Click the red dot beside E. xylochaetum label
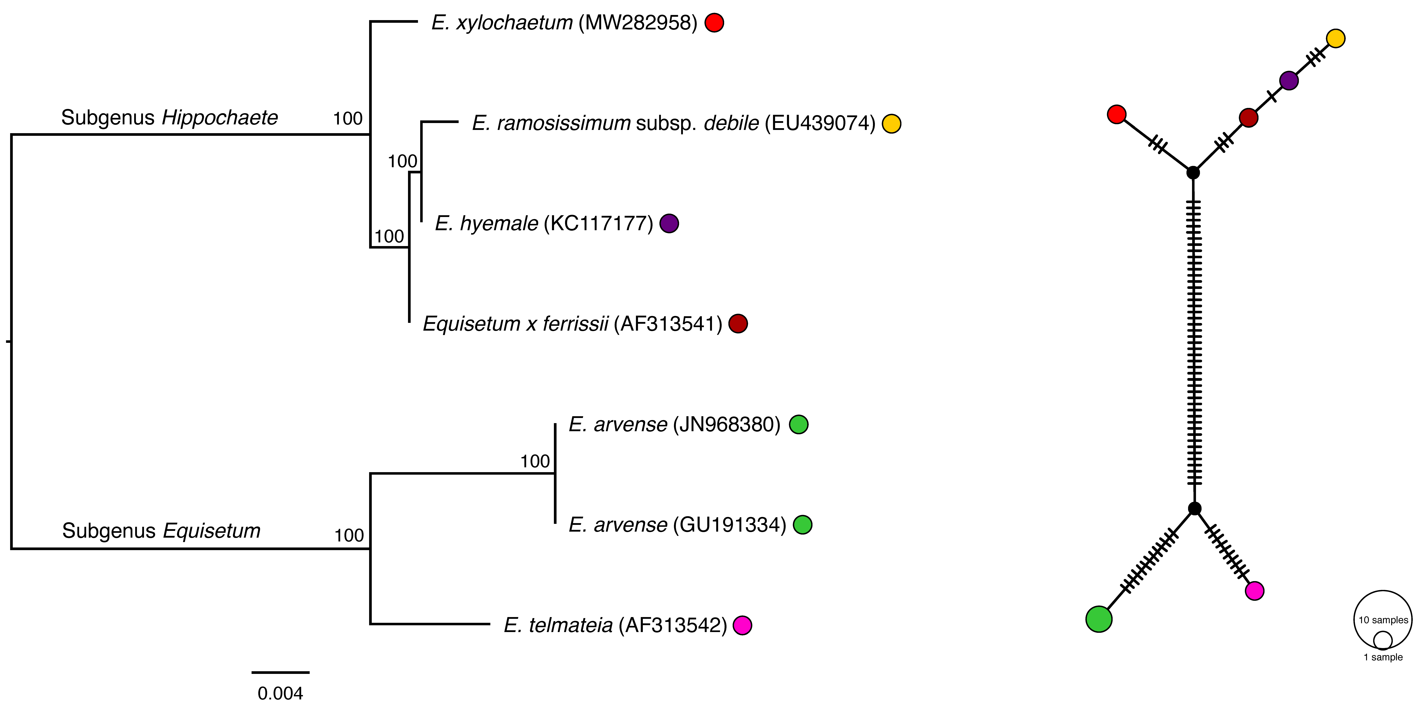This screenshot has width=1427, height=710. coord(714,23)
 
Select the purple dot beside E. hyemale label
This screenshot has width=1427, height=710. coord(669,223)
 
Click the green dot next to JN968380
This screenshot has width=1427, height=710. coord(798,425)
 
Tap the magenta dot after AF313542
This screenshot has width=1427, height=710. coord(742,625)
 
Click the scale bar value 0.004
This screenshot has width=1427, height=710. coord(280,693)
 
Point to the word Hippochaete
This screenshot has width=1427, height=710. coord(220,117)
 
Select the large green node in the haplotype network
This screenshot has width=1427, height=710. coord(1099,619)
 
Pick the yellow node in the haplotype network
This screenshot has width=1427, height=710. coord(1336,38)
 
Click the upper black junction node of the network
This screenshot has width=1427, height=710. coord(1193,172)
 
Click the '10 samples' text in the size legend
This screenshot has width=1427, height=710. coord(1383,620)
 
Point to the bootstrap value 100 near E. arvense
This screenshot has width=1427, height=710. coord(535,461)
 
